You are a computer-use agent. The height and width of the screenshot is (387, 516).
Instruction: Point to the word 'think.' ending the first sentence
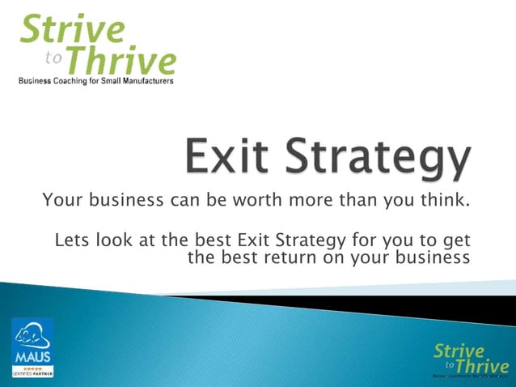[444, 199]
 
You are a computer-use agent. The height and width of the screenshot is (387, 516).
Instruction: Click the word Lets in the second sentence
[70, 240]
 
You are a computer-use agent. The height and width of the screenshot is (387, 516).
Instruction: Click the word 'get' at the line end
[456, 242]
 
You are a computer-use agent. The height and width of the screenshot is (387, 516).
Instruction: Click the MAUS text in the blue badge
[32, 357]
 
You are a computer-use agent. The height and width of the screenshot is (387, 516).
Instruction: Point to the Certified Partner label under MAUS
[32, 373]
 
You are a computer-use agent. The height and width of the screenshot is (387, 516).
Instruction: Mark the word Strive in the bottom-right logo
[459, 351]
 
